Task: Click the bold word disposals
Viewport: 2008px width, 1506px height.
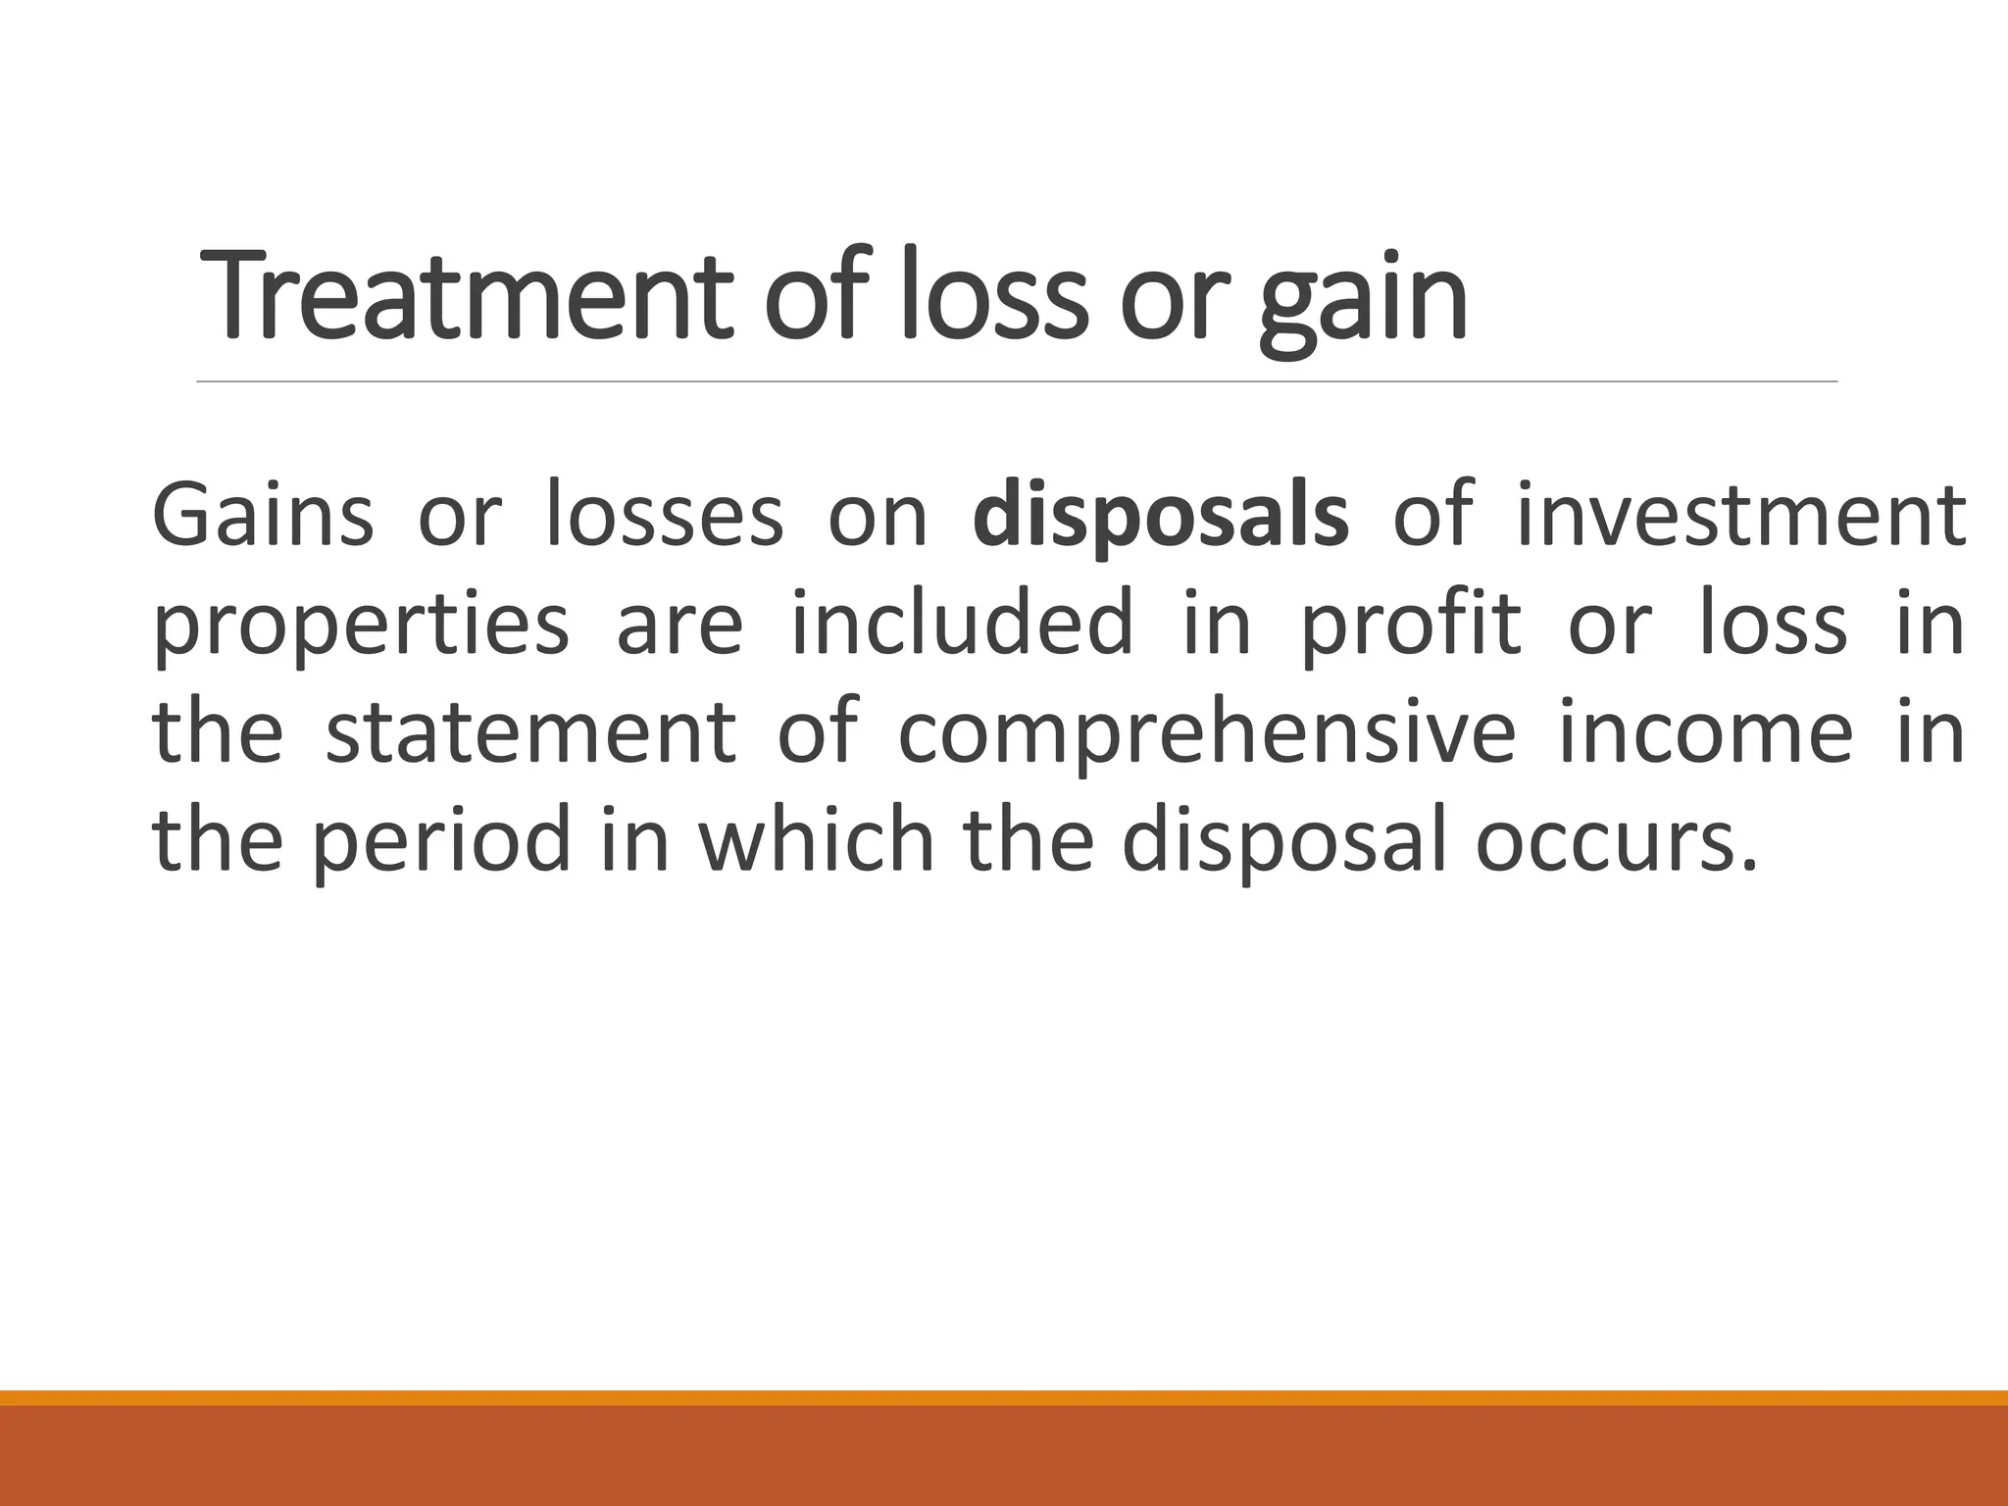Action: (1161, 518)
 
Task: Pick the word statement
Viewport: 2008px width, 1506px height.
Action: (530, 732)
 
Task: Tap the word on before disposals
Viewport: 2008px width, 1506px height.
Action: (878, 518)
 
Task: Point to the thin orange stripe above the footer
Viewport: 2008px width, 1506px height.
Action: (1004, 1398)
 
